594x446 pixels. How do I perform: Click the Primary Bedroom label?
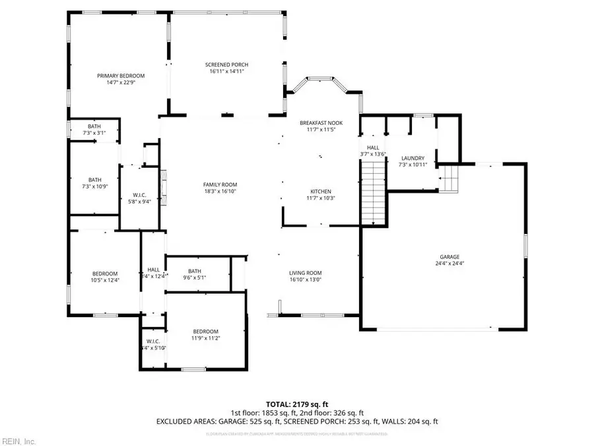tap(121, 76)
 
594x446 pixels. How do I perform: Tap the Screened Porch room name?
tap(228, 64)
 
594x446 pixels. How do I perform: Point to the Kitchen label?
tap(321, 192)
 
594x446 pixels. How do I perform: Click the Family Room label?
tap(220, 184)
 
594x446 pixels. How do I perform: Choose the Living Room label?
tap(305, 273)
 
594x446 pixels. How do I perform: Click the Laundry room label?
tap(412, 158)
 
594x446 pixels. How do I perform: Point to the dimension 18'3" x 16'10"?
tap(220, 191)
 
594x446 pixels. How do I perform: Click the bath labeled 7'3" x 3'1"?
tap(95, 129)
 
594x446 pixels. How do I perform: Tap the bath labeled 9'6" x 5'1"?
tap(194, 274)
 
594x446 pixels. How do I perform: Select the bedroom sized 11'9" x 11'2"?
tap(205, 335)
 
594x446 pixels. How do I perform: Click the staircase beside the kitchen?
tap(373, 194)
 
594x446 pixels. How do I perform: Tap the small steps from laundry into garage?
tap(451, 178)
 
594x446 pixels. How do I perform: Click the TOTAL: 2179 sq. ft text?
tap(296, 403)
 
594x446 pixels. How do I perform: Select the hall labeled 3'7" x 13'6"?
tap(372, 151)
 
